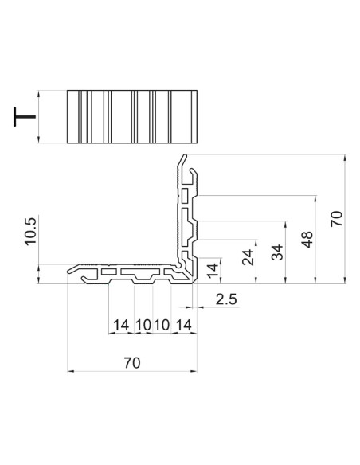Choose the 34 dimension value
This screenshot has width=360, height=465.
pos(277,254)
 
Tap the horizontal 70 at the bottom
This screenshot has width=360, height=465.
pos(132,362)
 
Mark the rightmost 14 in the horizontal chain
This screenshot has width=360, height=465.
pos(183,325)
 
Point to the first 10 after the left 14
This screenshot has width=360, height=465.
pos(143,325)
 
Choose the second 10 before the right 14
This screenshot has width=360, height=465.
pos(162,325)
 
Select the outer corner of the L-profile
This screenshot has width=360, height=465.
pos(193,283)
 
